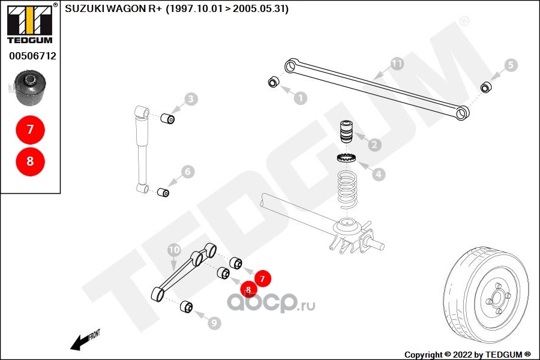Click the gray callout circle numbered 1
point(300,98)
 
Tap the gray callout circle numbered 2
point(375,145)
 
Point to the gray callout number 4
point(378,175)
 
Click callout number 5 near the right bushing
point(510,65)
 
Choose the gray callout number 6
point(188,172)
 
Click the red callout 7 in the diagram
point(262,278)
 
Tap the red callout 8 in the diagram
point(248,290)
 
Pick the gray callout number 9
point(214,323)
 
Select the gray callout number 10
point(174,249)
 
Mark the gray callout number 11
point(397,63)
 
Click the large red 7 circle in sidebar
point(30,129)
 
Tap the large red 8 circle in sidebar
point(30,161)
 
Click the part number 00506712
point(32,56)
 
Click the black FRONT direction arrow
point(78,343)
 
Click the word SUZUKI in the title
point(83,10)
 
